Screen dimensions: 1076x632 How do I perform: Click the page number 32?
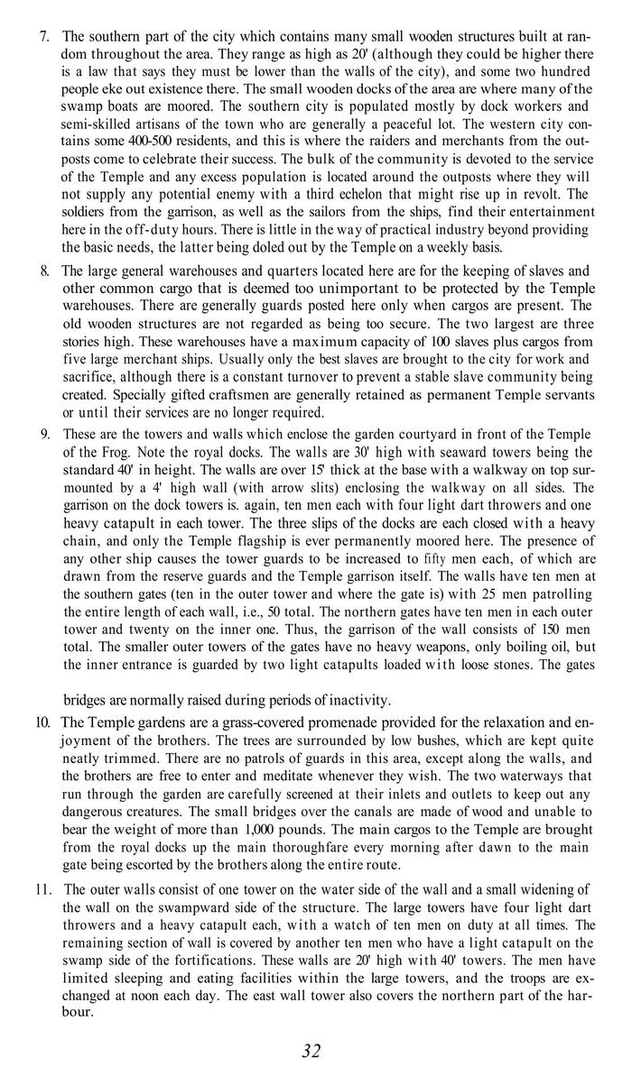click(311, 1050)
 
